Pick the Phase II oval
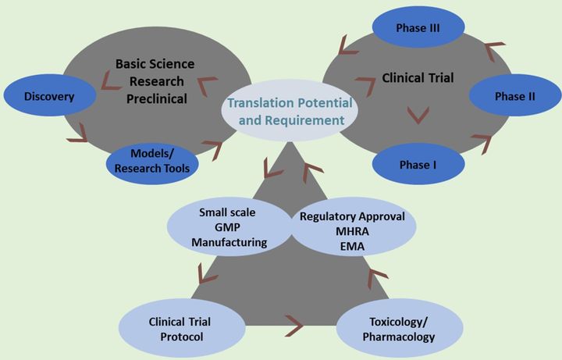coord(503,97)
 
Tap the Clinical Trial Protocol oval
coord(180,328)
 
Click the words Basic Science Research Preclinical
coord(155,80)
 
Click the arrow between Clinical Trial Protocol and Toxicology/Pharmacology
coord(294,321)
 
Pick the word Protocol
coord(180,337)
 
